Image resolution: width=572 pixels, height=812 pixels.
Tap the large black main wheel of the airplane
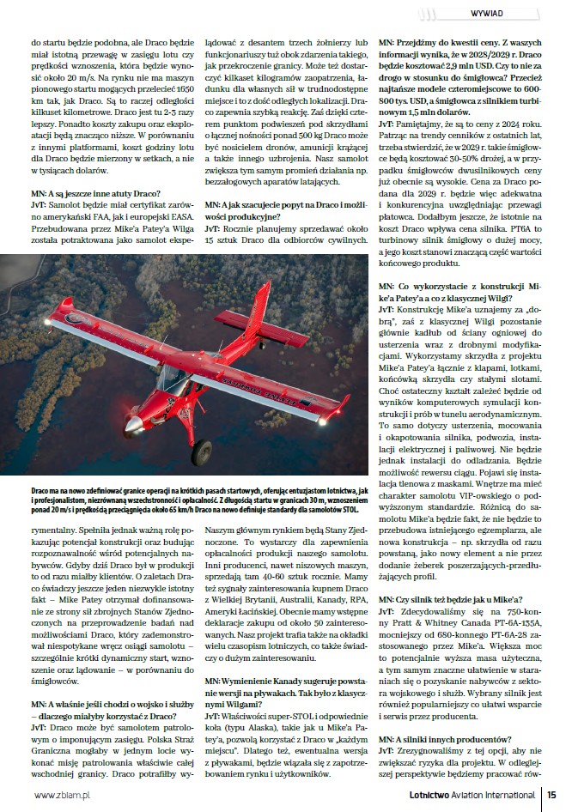click(202, 450)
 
